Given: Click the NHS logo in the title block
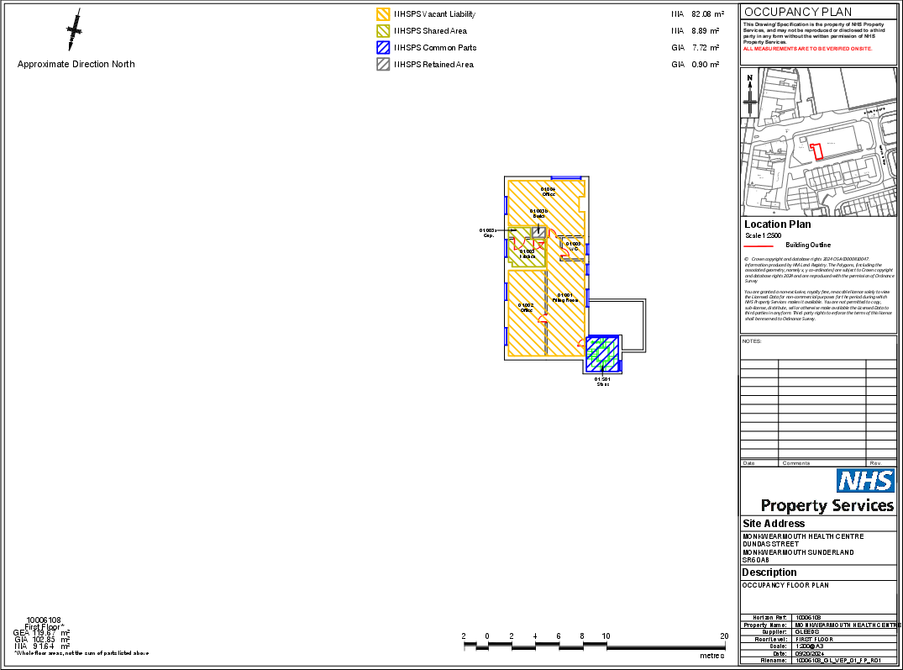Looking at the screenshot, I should [864, 481].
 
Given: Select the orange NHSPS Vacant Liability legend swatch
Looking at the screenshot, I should [383, 14].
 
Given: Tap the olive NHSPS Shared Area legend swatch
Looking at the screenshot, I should [383, 31].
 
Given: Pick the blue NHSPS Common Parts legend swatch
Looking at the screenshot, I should [383, 48].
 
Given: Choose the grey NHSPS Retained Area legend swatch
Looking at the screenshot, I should [383, 65].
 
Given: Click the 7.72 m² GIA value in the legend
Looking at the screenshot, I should [706, 48].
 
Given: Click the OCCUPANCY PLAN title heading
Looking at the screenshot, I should [798, 12].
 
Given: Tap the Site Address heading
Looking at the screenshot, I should [774, 524].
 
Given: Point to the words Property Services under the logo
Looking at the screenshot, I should [827, 505].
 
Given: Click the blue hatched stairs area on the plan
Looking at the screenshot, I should [602, 353].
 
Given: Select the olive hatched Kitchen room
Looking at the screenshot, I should [527, 252].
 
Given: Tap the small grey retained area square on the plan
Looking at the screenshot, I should [539, 231].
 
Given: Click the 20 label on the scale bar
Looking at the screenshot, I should [724, 636].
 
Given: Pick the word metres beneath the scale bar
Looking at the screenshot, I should [711, 656].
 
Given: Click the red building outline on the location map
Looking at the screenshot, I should [816, 151].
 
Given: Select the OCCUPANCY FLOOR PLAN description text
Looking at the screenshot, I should [785, 585].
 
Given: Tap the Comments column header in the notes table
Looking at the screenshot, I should [796, 463].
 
